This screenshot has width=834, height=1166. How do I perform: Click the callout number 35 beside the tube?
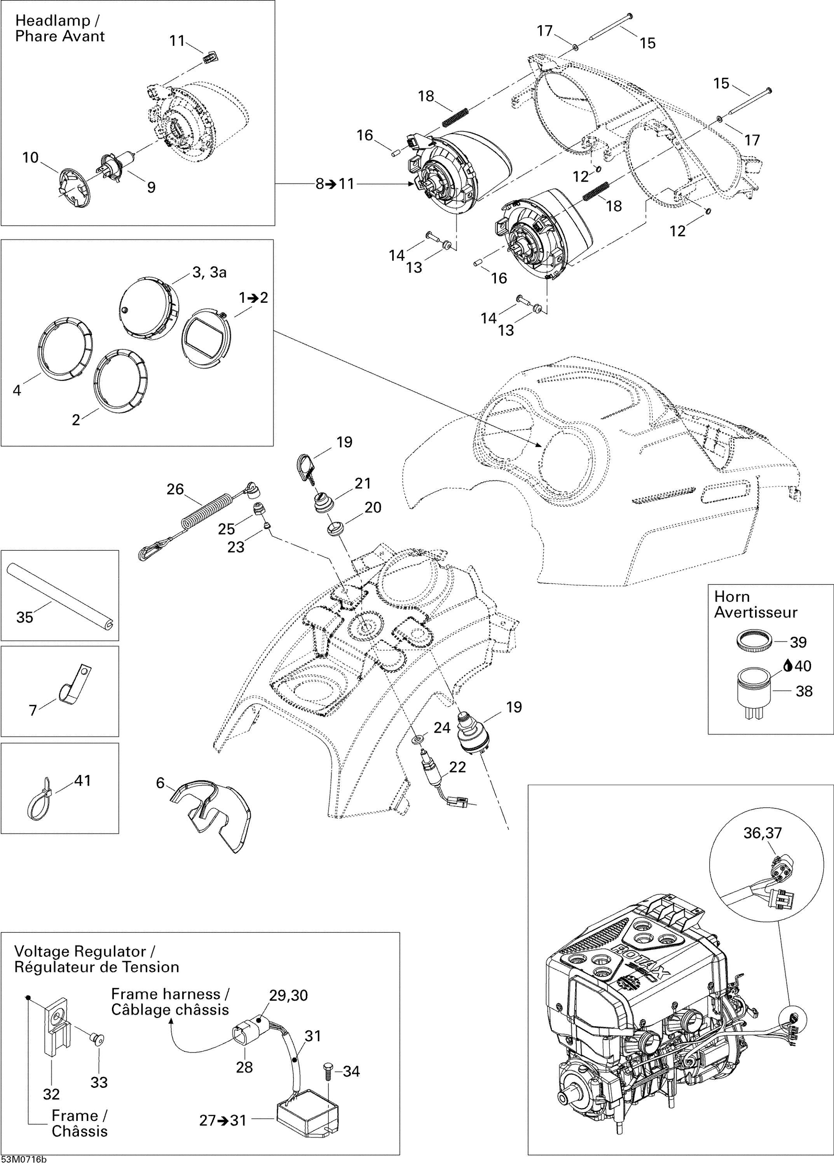[24, 617]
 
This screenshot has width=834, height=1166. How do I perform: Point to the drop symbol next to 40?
[787, 666]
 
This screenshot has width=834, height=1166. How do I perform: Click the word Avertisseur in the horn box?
[755, 612]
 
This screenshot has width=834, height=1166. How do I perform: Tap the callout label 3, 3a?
[209, 272]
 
